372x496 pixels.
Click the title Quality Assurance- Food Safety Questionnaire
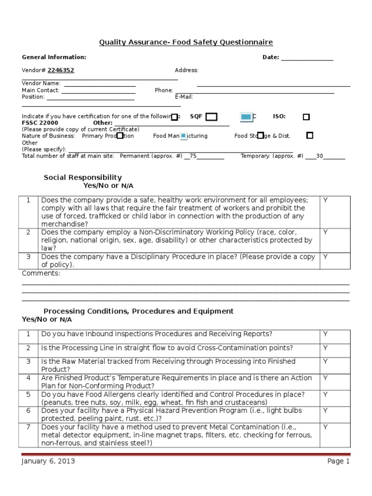coord(186,43)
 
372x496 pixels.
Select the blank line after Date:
coord(307,58)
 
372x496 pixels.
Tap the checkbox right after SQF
coord(211,117)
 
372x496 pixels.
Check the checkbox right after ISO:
coord(306,117)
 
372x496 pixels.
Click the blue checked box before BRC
coord(247,117)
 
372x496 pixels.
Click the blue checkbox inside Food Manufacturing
coord(184,136)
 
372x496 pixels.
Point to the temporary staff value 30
coord(319,156)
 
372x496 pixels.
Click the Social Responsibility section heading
coord(83,177)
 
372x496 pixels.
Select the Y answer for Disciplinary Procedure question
coord(325,257)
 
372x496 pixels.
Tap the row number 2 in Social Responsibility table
coord(29,232)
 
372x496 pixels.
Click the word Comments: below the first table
coord(41,273)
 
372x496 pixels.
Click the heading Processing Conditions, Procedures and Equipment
coord(139,311)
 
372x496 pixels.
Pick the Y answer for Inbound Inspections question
coord(325,334)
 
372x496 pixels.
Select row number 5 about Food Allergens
coord(29,394)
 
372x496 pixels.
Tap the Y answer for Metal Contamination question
coord(325,427)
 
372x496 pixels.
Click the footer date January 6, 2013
coord(48,462)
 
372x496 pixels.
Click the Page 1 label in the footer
coord(338,462)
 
